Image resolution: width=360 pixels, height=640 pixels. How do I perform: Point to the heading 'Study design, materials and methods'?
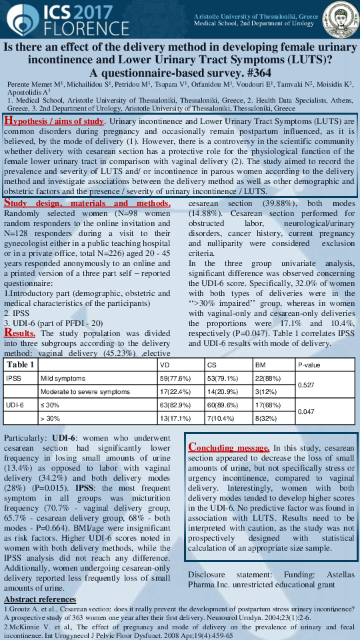pos(88,203)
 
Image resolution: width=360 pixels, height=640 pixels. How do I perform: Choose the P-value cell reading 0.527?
pos(307,385)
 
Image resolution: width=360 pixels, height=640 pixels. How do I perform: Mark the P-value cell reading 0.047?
pos(307,411)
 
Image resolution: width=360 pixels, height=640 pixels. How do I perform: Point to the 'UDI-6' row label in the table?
pos(15,405)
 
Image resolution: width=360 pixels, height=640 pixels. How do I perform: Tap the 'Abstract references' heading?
pos(39,600)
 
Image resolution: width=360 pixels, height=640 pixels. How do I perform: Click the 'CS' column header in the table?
pos(211,365)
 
